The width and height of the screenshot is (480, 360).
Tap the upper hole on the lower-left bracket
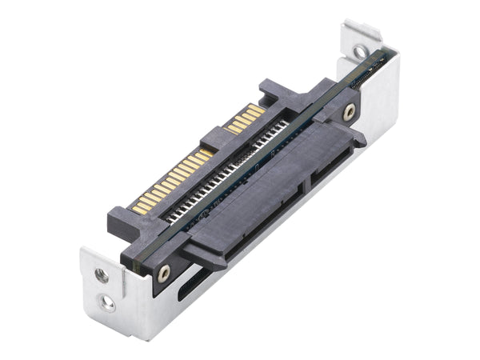click(x=101, y=274)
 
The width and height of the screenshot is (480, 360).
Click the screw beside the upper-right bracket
click(x=349, y=113)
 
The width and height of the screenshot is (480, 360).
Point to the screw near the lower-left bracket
click(x=164, y=272)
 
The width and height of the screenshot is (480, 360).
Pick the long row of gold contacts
click(x=171, y=179)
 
